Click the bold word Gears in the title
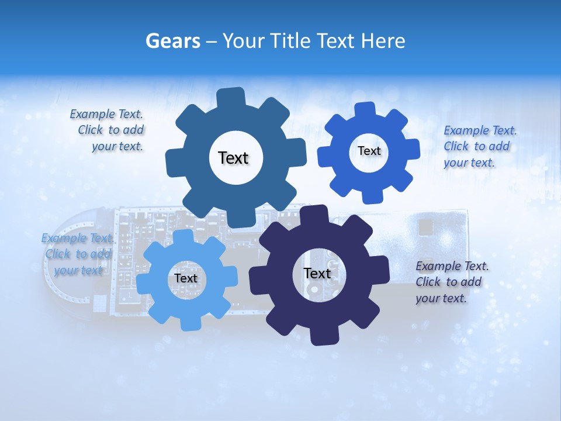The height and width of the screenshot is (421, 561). (173, 41)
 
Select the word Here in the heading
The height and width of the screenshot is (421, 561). (383, 41)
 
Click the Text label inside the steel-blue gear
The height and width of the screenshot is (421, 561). (233, 158)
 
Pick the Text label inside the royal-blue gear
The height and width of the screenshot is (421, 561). (369, 151)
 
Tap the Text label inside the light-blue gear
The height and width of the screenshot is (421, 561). (186, 278)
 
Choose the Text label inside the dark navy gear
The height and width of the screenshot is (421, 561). (317, 273)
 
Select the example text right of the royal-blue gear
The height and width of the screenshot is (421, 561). (479, 146)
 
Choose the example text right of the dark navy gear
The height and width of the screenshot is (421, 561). (451, 282)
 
